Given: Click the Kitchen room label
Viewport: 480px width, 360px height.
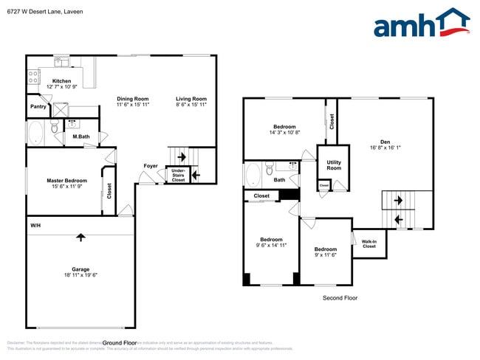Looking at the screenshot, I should pyautogui.click(x=61, y=81).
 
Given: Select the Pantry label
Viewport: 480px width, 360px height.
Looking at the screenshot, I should pyautogui.click(x=38, y=107).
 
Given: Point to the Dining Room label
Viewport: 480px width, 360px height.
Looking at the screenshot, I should pyautogui.click(x=133, y=99).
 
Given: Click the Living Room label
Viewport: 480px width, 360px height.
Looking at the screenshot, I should pyautogui.click(x=191, y=99).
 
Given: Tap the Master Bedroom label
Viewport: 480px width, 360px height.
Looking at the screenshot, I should pyautogui.click(x=67, y=181).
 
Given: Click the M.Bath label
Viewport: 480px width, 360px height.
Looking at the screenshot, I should pyautogui.click(x=80, y=136).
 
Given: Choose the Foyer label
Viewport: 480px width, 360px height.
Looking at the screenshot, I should pyautogui.click(x=150, y=166).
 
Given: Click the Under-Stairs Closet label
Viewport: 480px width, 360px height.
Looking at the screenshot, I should pyautogui.click(x=178, y=175).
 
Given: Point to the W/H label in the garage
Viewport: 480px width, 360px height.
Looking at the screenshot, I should pyautogui.click(x=35, y=225).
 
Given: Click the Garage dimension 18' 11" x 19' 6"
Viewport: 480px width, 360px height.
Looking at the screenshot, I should pyautogui.click(x=80, y=274).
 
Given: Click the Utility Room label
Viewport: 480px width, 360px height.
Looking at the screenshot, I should pyautogui.click(x=334, y=165).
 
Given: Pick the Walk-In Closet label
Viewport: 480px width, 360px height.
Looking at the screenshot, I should pyautogui.click(x=368, y=243).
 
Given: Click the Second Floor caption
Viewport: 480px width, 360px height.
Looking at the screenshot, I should pyautogui.click(x=340, y=298).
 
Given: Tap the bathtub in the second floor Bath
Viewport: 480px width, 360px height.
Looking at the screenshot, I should pyautogui.click(x=253, y=176).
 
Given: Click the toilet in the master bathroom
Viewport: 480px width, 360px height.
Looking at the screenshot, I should pyautogui.click(x=55, y=131).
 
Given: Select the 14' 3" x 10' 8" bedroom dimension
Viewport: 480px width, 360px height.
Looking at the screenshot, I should pyautogui.click(x=285, y=134).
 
